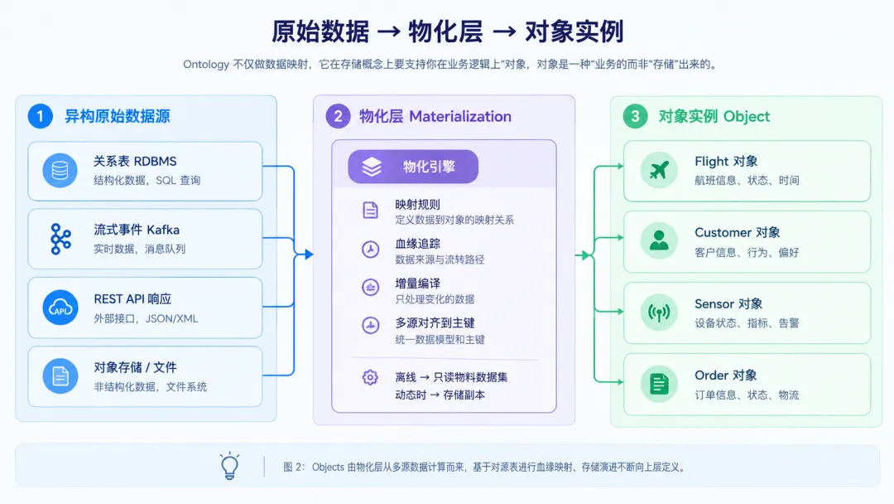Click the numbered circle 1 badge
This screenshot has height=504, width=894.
(40, 116)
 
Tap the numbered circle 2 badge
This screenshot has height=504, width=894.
(338, 116)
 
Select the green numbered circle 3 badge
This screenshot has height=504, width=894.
(635, 116)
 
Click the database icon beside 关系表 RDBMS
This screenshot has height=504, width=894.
(60, 170)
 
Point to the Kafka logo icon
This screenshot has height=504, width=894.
(60, 239)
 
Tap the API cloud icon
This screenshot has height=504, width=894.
(60, 308)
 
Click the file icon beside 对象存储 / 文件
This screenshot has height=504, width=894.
(60, 376)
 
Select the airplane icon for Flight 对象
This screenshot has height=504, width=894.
(659, 170)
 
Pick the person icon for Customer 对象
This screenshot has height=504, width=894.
(659, 240)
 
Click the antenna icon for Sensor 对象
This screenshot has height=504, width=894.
(659, 313)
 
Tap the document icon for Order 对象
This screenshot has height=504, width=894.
(659, 384)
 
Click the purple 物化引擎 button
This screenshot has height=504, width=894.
(413, 167)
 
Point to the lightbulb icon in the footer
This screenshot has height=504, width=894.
(230, 466)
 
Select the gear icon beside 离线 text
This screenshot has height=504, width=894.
(370, 377)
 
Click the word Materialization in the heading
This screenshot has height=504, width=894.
(460, 116)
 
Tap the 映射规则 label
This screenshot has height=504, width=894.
(417, 205)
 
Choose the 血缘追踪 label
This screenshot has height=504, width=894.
(417, 244)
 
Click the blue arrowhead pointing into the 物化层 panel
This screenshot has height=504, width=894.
(309, 254)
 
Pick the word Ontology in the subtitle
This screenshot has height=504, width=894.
(206, 65)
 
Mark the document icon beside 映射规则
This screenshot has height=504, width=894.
(370, 210)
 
